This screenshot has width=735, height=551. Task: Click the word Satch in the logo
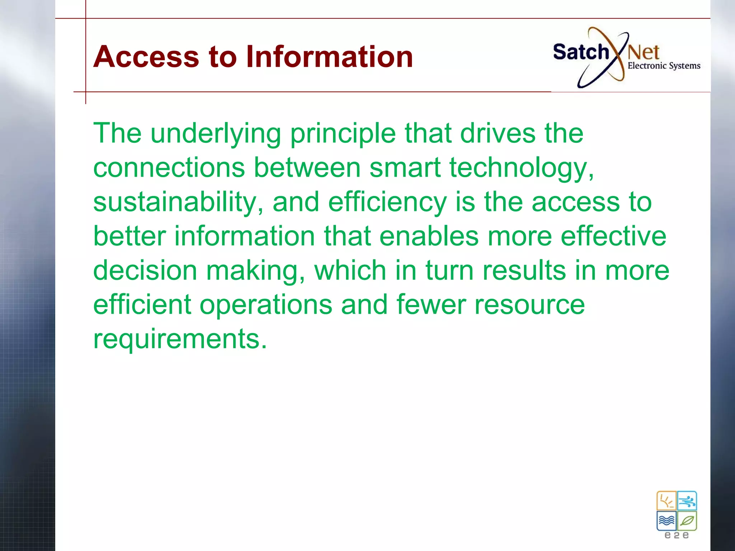tap(581, 52)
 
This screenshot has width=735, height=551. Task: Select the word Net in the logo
tap(643, 53)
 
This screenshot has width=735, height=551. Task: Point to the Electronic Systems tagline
tap(664, 66)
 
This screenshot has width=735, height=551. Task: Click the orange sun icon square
tap(666, 501)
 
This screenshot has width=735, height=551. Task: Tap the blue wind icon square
tap(687, 501)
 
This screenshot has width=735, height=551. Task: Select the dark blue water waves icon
tap(666, 521)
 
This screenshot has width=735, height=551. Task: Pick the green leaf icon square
tap(687, 521)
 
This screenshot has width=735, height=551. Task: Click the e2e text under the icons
tap(677, 535)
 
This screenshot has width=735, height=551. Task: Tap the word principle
tap(343, 133)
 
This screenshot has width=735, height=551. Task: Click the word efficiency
tap(387, 202)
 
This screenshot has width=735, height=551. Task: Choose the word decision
tap(145, 270)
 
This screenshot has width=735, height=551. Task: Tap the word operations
tap(266, 305)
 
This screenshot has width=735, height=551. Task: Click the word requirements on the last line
tap(180, 339)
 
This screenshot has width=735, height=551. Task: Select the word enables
tap(429, 236)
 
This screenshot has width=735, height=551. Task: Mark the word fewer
tap(431, 305)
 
